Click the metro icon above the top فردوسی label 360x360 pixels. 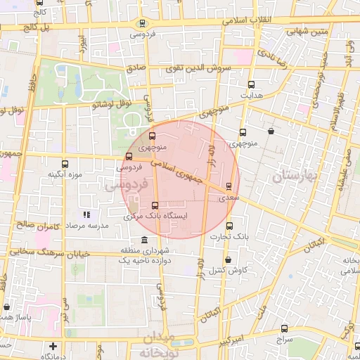pos(143,23)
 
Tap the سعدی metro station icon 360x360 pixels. pos(228,187)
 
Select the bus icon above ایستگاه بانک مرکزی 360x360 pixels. pos(155,205)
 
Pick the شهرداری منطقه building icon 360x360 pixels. pos(144,240)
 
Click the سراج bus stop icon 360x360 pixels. pos(284,328)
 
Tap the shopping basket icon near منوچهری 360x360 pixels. pos(271,131)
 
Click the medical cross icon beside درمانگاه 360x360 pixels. pos(53,346)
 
